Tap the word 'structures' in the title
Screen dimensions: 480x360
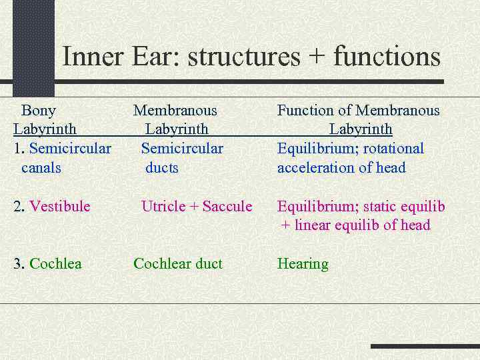pos(244,56)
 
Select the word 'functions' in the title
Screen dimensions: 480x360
pos(387,56)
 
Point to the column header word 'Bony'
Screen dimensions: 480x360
pos(39,111)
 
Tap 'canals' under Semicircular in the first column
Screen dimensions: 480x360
pos(41,168)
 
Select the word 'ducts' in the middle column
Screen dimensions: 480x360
pos(162,168)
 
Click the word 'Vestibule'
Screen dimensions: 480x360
pos(60,207)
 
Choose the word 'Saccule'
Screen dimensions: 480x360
pos(227,207)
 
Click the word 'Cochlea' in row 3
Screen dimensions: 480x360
pos(55,264)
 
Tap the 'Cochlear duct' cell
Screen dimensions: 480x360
pos(178,264)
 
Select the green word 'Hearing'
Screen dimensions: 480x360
pos(303,264)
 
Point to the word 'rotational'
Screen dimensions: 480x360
pos(393,149)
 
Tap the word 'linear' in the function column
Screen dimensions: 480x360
pos(313,225)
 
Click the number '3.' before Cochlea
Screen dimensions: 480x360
pos(19,264)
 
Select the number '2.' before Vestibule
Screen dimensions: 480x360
pos(19,207)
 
